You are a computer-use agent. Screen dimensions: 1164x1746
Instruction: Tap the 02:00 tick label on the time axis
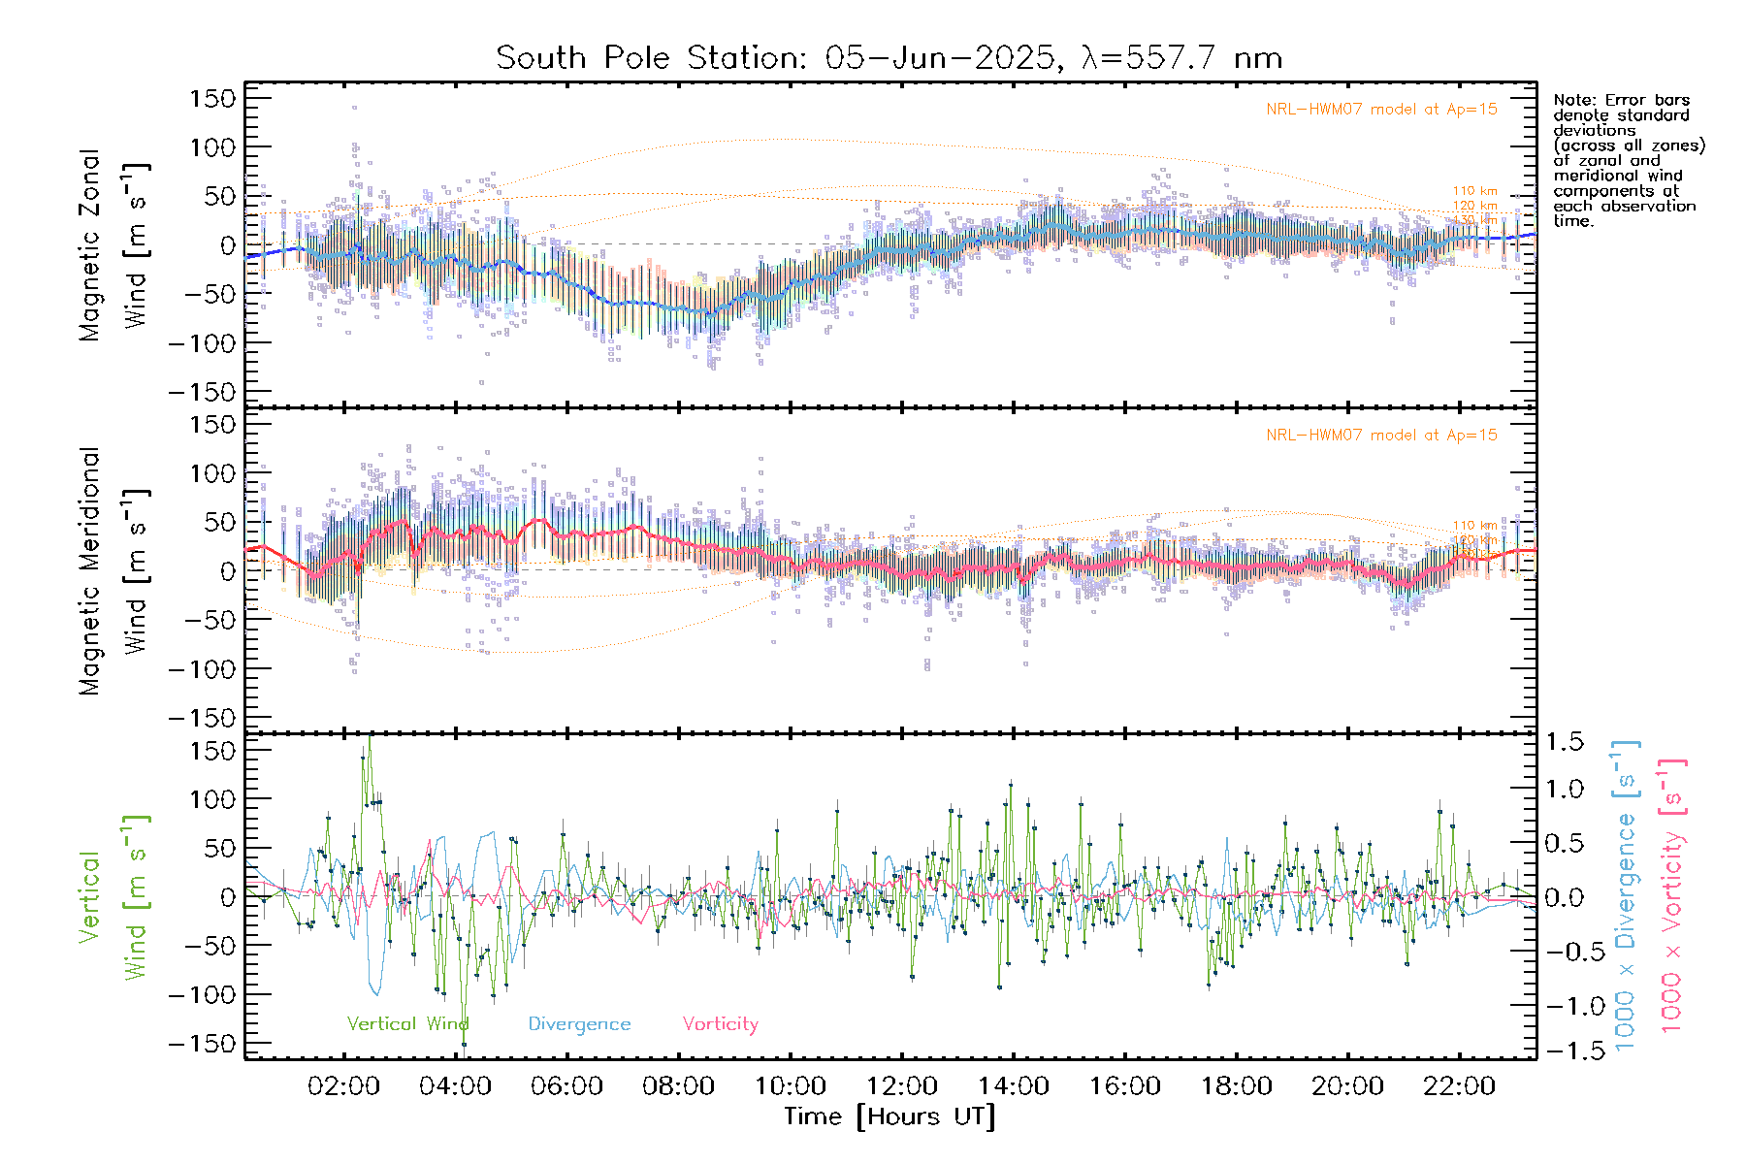point(343,1086)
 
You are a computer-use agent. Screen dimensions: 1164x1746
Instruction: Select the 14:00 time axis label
point(1013,1086)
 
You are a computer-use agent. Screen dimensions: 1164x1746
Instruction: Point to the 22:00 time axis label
point(1459,1086)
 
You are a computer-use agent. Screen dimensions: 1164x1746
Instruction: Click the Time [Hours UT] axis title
point(889,1117)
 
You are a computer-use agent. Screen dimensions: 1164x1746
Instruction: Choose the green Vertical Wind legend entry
point(407,1024)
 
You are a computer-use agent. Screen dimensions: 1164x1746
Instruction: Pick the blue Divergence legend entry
point(579,1024)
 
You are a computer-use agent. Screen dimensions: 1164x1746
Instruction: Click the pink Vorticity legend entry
point(720,1024)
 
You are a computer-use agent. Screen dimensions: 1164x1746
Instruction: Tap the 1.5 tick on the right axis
point(1564,742)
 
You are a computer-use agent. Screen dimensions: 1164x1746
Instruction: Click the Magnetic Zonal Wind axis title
point(114,244)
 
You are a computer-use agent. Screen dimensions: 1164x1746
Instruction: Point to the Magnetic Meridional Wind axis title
point(114,570)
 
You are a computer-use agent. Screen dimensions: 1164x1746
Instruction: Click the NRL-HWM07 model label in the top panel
point(1381,110)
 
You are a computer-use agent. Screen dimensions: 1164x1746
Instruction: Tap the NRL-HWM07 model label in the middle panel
point(1381,436)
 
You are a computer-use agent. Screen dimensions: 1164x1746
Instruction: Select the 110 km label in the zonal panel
point(1474,191)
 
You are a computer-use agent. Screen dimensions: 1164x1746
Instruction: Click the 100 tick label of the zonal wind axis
point(212,147)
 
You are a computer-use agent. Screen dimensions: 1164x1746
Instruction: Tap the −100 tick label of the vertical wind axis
point(202,995)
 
